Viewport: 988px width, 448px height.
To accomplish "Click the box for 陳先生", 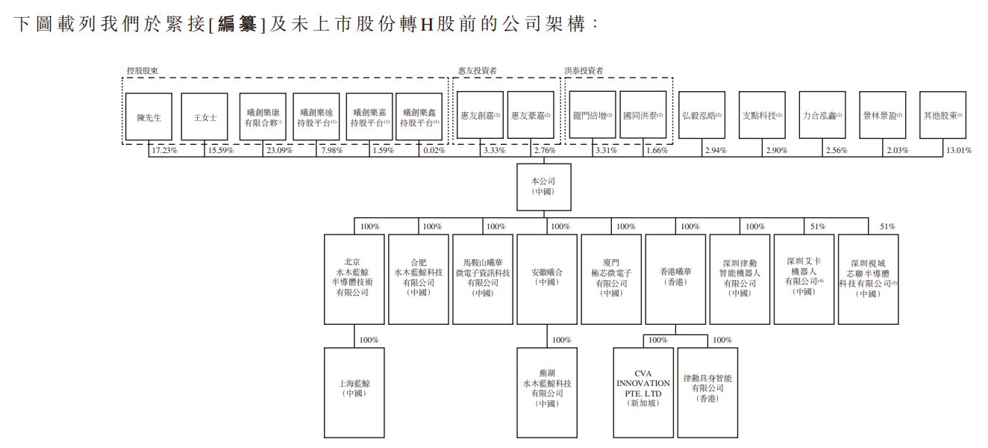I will click(x=149, y=116).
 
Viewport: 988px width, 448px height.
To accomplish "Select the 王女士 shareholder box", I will click(x=204, y=116).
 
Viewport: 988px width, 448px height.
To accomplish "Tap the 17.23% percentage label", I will click(x=163, y=150).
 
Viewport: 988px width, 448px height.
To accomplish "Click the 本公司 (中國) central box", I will click(x=543, y=185).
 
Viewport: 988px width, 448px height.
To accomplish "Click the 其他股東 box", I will click(x=942, y=116).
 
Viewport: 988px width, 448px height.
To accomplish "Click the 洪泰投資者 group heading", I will click(x=584, y=71).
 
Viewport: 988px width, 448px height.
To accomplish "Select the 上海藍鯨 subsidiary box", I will click(x=354, y=392).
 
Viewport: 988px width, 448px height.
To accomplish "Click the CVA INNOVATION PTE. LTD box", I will click(x=642, y=392).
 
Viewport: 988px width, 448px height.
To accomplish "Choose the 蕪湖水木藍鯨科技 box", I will click(x=547, y=392).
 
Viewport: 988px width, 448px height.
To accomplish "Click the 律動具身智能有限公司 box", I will click(x=707, y=392).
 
